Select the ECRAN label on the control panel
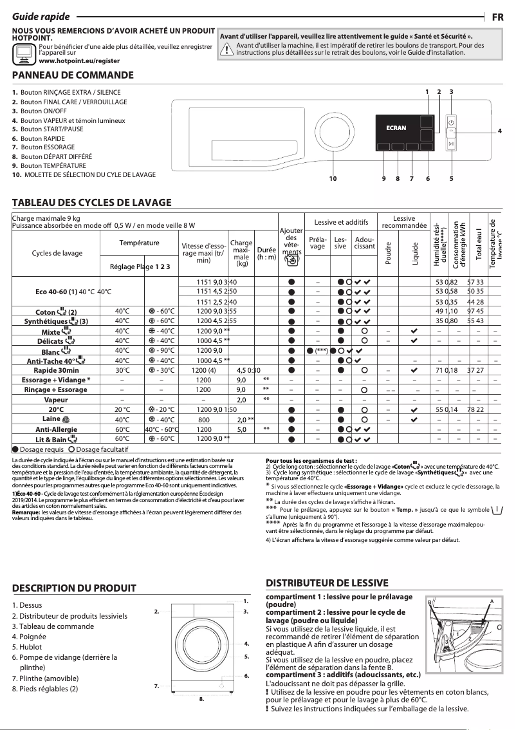[x=396, y=127]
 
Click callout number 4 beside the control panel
[x=500, y=131]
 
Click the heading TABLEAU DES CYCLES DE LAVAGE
[x=92, y=202]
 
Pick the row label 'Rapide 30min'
[x=57, y=370]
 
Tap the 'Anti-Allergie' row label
[x=57, y=429]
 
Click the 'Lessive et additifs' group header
[x=341, y=223]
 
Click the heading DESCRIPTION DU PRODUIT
[x=75, y=588]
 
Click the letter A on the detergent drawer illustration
[x=491, y=600]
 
